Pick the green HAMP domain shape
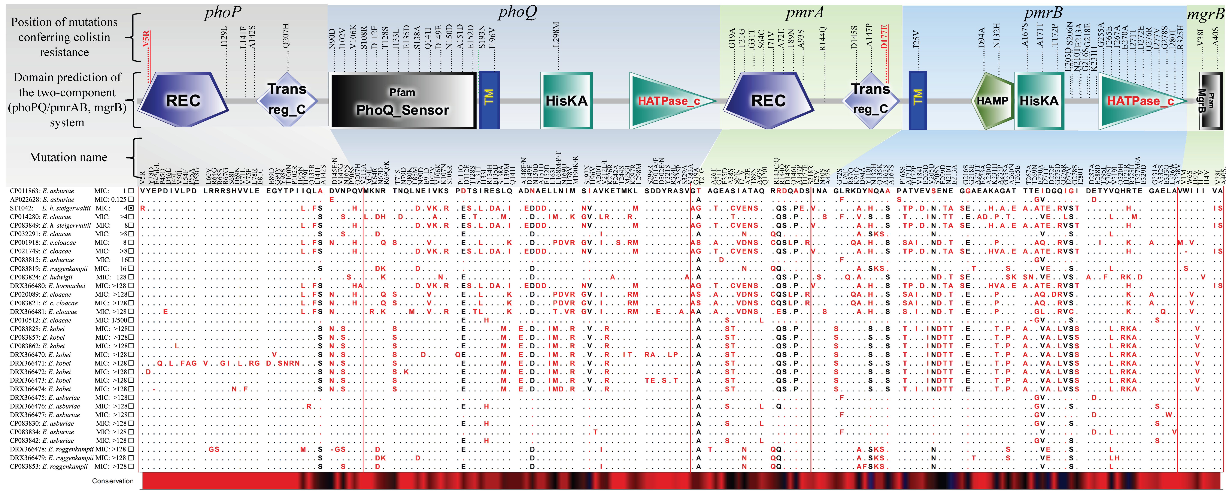992,101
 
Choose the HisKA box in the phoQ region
566,101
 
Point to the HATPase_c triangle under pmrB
1141,101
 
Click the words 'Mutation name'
68,157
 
